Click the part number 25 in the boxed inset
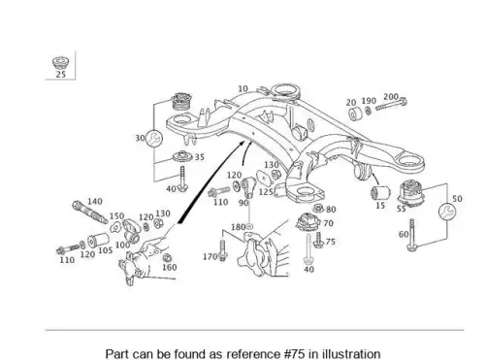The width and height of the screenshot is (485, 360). pyautogui.click(x=61, y=75)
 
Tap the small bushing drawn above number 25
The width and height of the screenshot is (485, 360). pyautogui.click(x=60, y=62)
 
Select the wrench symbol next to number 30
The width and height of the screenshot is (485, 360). pyautogui.click(x=154, y=139)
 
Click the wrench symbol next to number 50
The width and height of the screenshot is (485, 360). pyautogui.click(x=447, y=212)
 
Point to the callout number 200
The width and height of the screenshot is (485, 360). pyautogui.click(x=391, y=97)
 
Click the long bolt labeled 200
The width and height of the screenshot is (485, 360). pyautogui.click(x=391, y=105)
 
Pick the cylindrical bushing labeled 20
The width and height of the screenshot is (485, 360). pyautogui.click(x=355, y=114)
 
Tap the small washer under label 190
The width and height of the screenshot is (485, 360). pyautogui.click(x=369, y=111)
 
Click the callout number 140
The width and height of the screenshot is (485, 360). pyautogui.click(x=95, y=201)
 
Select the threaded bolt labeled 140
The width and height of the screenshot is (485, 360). pyautogui.click(x=90, y=213)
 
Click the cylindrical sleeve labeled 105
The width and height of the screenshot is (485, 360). pyautogui.click(x=98, y=240)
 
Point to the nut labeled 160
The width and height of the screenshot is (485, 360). pyautogui.click(x=167, y=258)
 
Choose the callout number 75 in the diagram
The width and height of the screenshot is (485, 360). pyautogui.click(x=331, y=242)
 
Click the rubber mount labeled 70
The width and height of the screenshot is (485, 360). pyautogui.click(x=307, y=222)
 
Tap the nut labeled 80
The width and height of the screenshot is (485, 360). pyautogui.click(x=318, y=208)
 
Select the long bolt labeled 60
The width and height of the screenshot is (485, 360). pyautogui.click(x=411, y=235)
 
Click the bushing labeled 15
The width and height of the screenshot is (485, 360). pyautogui.click(x=380, y=193)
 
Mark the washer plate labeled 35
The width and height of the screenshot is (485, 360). pyautogui.click(x=182, y=156)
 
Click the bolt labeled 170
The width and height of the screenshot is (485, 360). pyautogui.click(x=222, y=250)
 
